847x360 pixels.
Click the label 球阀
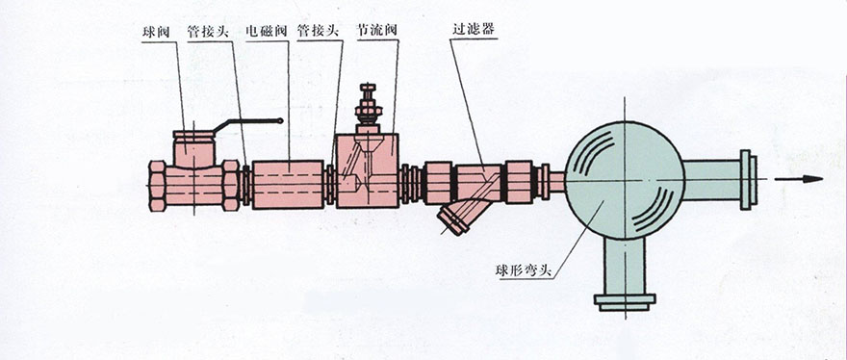(x=156, y=32)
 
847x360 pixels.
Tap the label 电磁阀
(x=266, y=31)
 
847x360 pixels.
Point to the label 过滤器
(x=474, y=30)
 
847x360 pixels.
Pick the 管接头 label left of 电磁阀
(x=208, y=31)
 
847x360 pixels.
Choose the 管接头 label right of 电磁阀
(x=319, y=31)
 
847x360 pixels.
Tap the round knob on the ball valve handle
(x=279, y=121)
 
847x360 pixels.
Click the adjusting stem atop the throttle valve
(x=369, y=107)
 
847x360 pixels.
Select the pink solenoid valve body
(x=288, y=184)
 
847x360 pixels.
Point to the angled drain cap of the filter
(x=452, y=221)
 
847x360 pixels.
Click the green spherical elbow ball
(x=625, y=180)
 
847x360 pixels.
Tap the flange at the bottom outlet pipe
(x=625, y=302)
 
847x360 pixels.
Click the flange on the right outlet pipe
(x=749, y=179)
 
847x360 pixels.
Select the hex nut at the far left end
(x=157, y=186)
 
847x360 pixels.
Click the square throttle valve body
(x=368, y=170)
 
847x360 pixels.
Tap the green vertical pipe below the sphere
(x=625, y=267)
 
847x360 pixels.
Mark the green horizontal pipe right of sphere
(x=712, y=179)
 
